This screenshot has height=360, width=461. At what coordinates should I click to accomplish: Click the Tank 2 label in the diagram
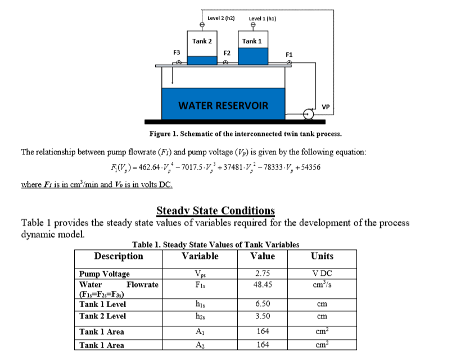pyautogui.click(x=202, y=41)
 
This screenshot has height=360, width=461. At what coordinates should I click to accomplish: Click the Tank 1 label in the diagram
pyautogui.click(x=252, y=41)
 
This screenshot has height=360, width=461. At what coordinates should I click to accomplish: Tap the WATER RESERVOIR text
pyautogui.click(x=223, y=106)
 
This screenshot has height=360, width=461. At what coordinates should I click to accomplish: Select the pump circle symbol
pyautogui.click(x=308, y=113)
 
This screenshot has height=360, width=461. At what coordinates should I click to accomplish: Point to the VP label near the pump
pyautogui.click(x=326, y=107)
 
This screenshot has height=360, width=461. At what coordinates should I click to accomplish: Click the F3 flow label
pyautogui.click(x=177, y=52)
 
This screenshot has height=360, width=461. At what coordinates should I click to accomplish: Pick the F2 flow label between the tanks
pyautogui.click(x=227, y=53)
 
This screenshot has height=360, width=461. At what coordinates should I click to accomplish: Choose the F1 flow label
pyautogui.click(x=289, y=54)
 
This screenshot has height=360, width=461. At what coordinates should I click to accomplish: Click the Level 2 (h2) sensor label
pyautogui.click(x=221, y=18)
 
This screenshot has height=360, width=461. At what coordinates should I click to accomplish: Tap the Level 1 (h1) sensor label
pyautogui.click(x=263, y=19)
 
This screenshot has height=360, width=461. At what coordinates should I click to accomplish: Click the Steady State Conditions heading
pyautogui.click(x=215, y=211)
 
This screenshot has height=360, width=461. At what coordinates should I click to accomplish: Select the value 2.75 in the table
pyautogui.click(x=263, y=274)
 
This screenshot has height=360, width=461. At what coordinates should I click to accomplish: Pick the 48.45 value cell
pyautogui.click(x=263, y=285)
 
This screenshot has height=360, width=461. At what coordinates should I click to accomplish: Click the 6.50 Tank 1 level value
pyautogui.click(x=263, y=304)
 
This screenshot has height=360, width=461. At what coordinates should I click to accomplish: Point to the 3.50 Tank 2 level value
pyautogui.click(x=263, y=316)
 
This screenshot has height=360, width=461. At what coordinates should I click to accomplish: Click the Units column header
pyautogui.click(x=322, y=256)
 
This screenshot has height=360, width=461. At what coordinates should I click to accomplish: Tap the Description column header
pyautogui.click(x=119, y=256)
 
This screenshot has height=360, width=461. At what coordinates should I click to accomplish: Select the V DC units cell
pyautogui.click(x=322, y=274)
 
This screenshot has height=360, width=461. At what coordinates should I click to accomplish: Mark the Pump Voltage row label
pyautogui.click(x=105, y=274)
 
